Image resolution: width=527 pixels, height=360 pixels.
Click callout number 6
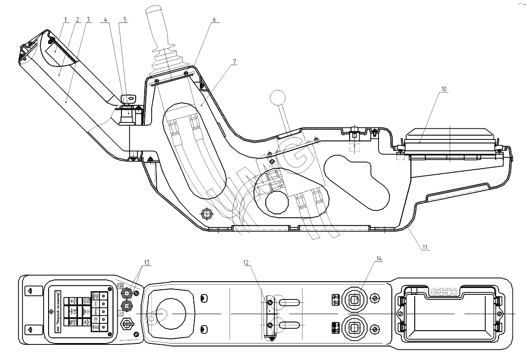tap(214, 21)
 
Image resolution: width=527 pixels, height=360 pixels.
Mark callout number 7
tap(235, 61)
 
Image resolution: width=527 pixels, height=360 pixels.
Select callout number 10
tap(443, 89)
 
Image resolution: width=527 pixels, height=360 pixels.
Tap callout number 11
tap(425, 247)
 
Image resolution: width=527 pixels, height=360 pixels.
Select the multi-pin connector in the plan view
tap(445, 291)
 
